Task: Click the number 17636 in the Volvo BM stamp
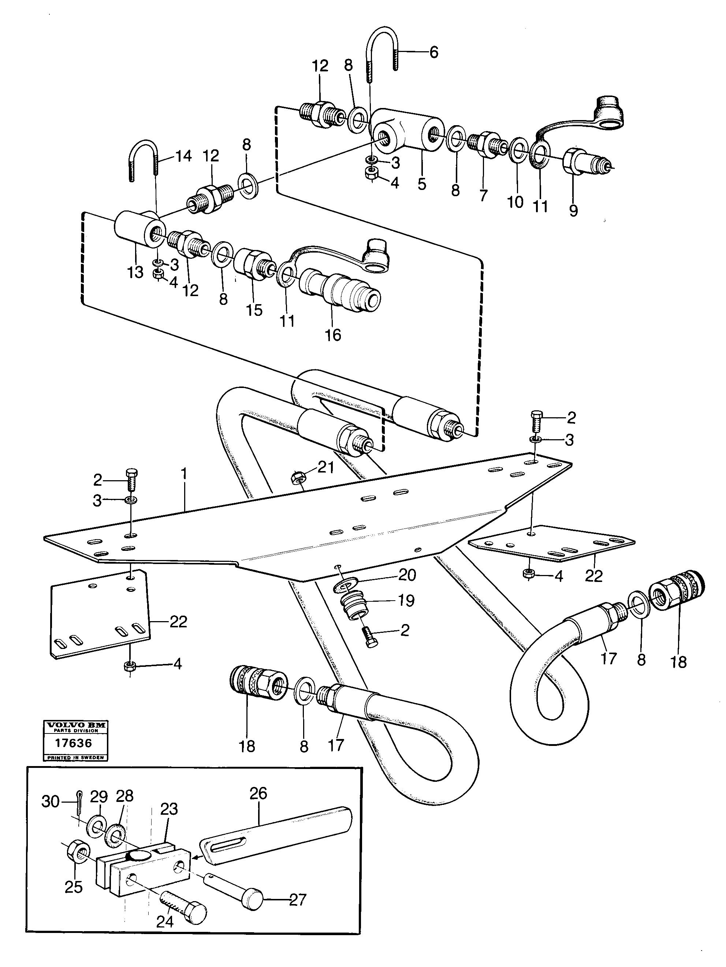[74, 743]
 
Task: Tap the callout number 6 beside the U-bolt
[433, 52]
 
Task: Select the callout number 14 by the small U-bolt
[183, 156]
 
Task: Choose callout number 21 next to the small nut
[325, 467]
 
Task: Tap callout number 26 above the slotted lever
[258, 794]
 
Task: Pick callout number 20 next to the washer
[407, 575]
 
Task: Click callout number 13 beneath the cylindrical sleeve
[135, 272]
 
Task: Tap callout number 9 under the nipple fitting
[573, 210]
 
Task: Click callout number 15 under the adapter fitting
[254, 310]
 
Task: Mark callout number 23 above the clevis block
[169, 809]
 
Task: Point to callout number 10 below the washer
[515, 202]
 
